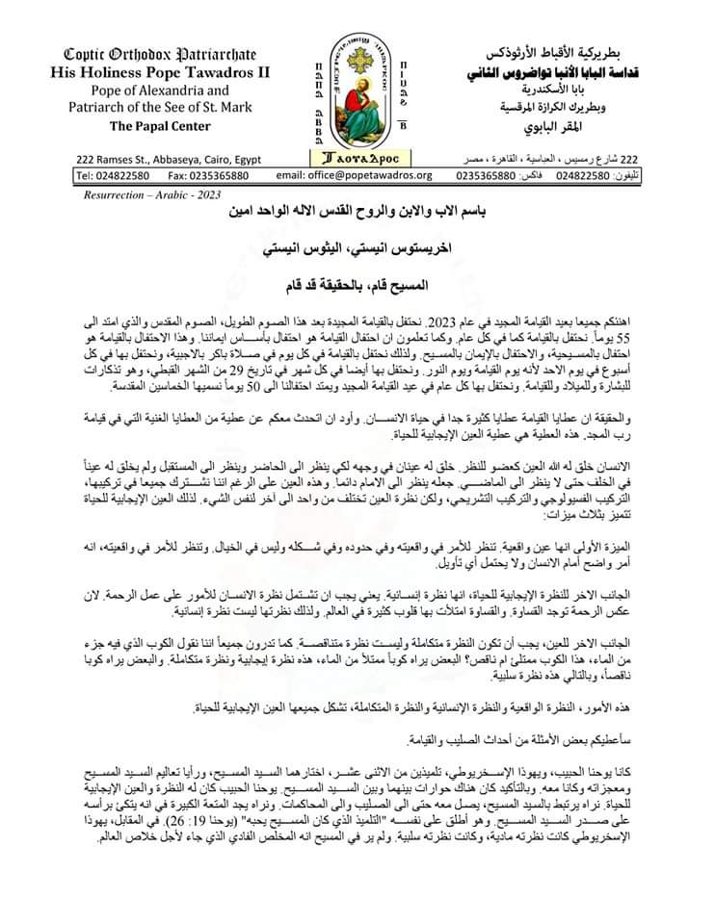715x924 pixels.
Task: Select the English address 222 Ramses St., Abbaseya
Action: (x=162, y=159)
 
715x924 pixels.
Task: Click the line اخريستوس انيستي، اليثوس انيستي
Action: (x=360, y=248)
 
